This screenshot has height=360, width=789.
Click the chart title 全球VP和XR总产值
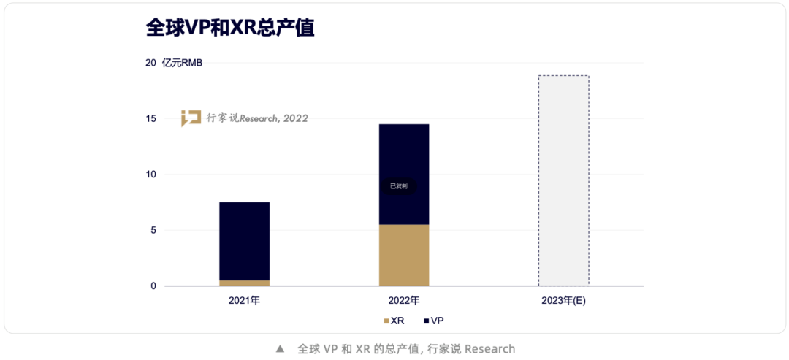pos(230,27)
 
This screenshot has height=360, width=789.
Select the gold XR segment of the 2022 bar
pos(404,255)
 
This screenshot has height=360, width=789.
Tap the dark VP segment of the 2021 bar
pos(245,241)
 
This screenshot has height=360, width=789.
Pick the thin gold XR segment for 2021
pos(245,283)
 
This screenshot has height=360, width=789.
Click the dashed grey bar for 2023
pos(563,180)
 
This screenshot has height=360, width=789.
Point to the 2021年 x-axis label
pos(244,301)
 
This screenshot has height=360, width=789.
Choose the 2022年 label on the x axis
pos(404,301)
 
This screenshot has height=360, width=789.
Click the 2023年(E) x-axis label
pos(563,301)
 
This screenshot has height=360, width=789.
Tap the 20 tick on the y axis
pos(150,63)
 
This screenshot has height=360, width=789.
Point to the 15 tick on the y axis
pos(150,118)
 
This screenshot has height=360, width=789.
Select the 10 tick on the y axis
pos(150,175)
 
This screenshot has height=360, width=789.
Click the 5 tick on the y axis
pos(153,230)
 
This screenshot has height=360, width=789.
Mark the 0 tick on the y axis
pos(153,286)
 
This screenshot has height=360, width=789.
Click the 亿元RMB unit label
pos(183,63)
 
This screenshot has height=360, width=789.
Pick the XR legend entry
pos(394,321)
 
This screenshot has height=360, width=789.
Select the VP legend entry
pos(433,321)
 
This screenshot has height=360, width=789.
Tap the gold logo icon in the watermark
pos(191,118)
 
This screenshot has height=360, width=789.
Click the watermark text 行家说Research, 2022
pos(257,118)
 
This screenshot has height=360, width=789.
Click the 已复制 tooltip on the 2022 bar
pos(399,186)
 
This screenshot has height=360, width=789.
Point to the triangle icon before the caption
pos(280,349)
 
